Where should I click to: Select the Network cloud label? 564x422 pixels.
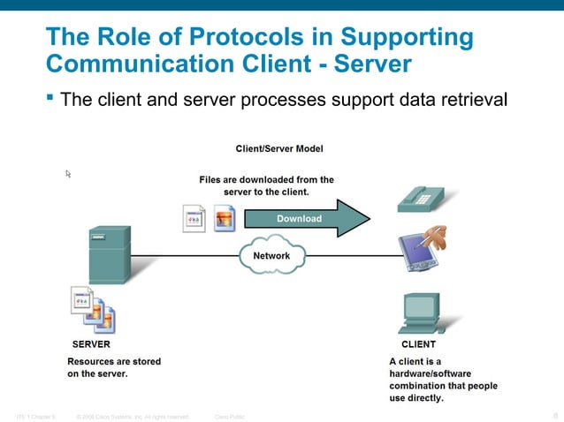click(271, 256)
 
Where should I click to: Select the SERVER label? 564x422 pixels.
click(91, 344)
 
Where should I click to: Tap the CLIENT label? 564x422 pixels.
click(418, 344)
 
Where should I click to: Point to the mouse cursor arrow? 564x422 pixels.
click(68, 174)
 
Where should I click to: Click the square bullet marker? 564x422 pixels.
click(50, 95)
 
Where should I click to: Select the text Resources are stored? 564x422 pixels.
click(114, 361)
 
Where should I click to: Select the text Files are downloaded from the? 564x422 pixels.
click(266, 179)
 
